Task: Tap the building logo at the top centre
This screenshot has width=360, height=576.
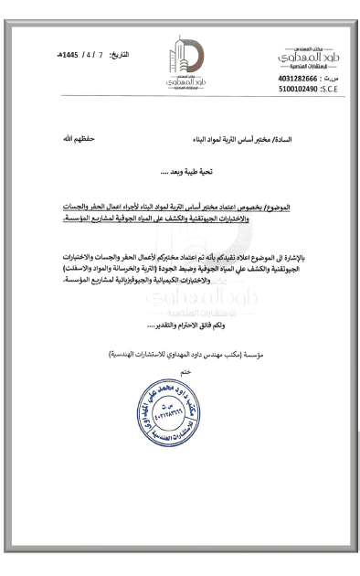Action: click(x=180, y=62)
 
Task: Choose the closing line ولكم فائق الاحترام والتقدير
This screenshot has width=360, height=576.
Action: click(x=193, y=325)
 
